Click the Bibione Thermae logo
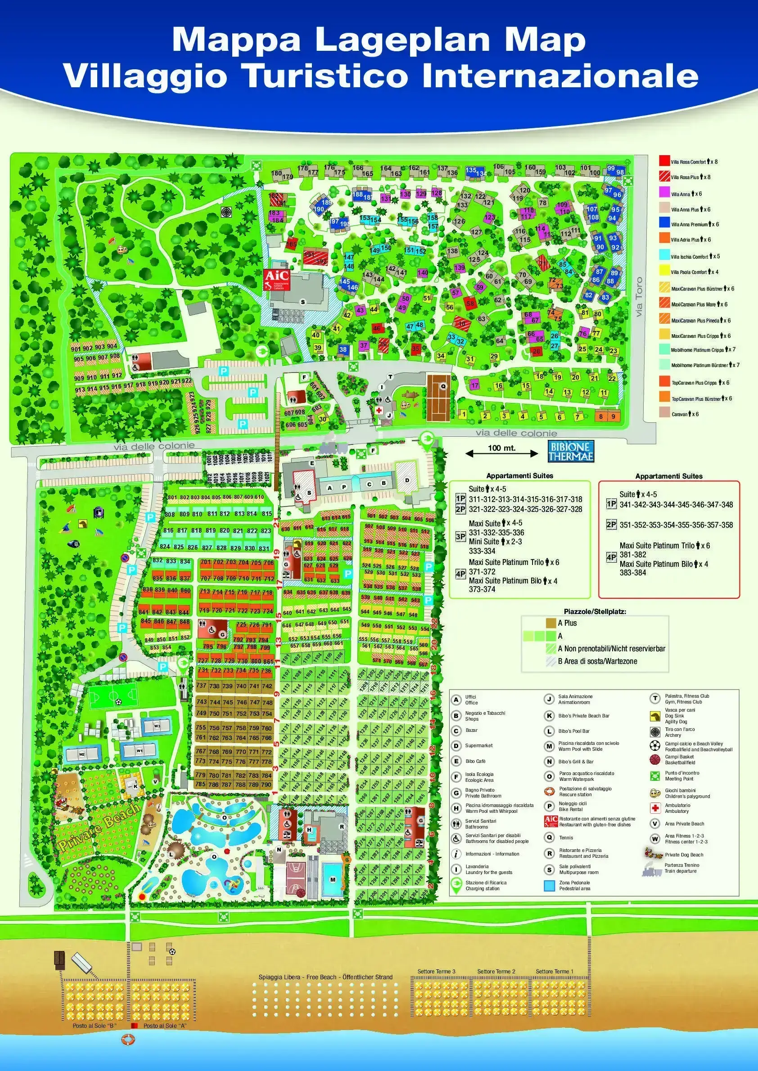[x=570, y=451]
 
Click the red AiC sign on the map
[x=276, y=279]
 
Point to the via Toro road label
[x=639, y=297]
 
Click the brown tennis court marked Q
[x=438, y=396]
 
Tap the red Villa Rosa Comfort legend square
[x=664, y=161]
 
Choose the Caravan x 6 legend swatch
[x=664, y=413]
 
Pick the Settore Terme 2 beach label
[x=496, y=971]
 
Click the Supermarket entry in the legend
[x=478, y=745]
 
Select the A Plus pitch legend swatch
[x=551, y=623]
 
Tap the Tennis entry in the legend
[x=566, y=837]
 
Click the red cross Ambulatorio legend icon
[x=655, y=807]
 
